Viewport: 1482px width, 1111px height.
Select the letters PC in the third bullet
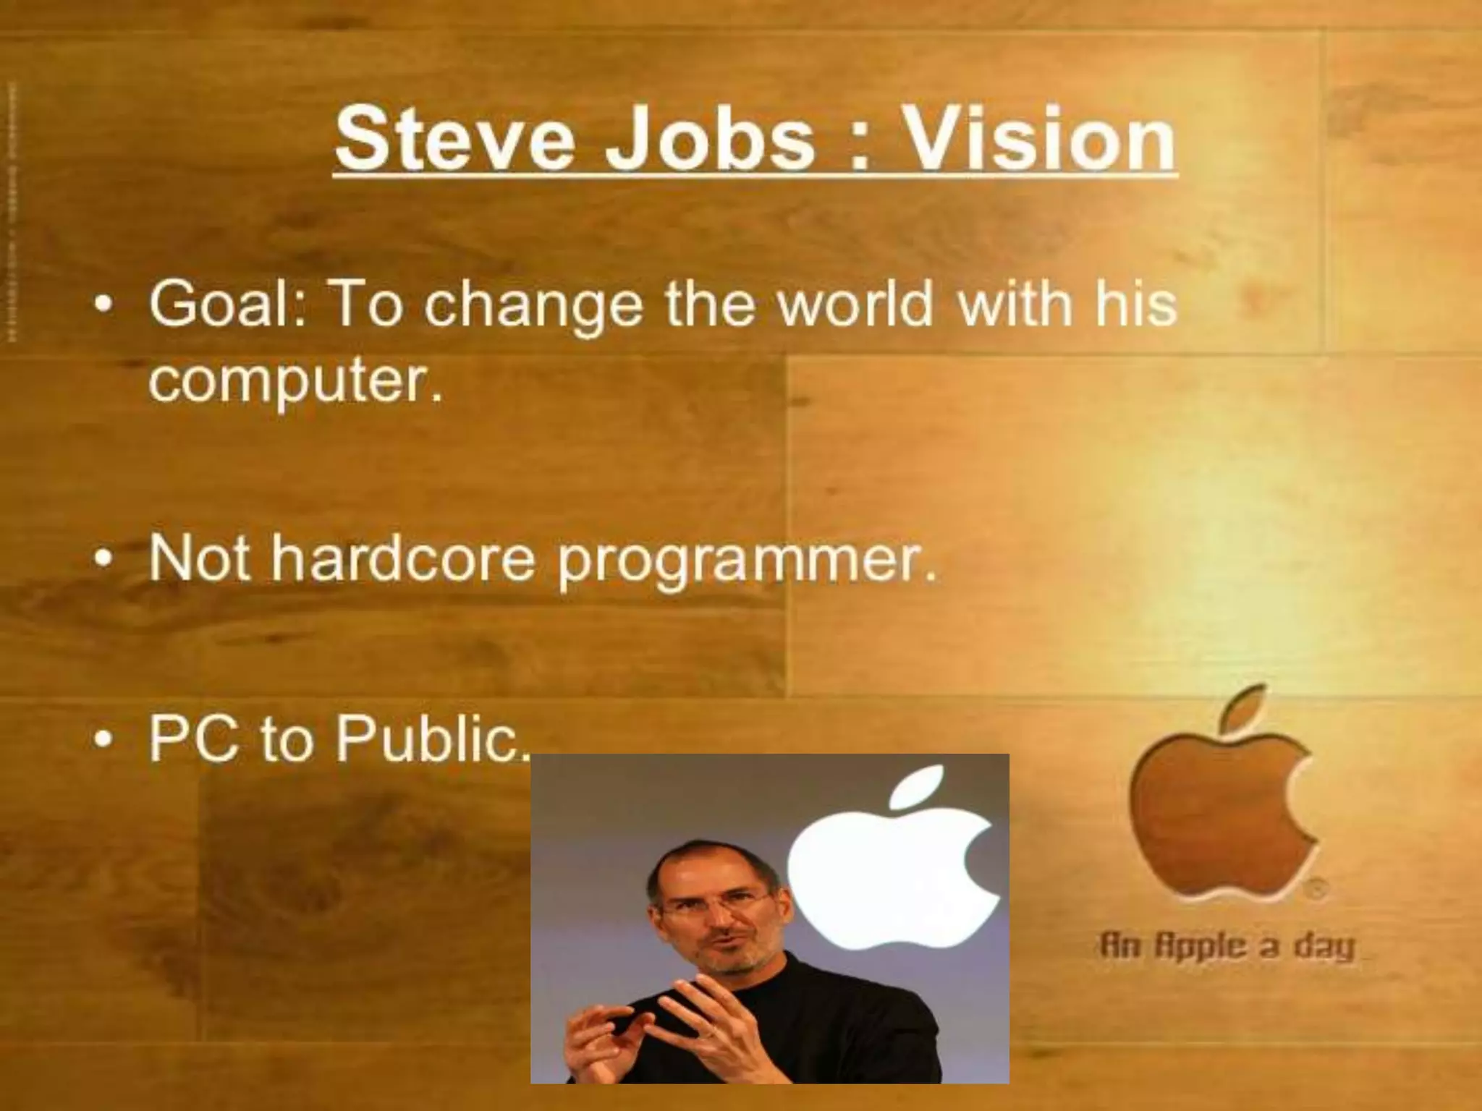(x=193, y=739)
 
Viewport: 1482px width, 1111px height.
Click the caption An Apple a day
(x=1227, y=946)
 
